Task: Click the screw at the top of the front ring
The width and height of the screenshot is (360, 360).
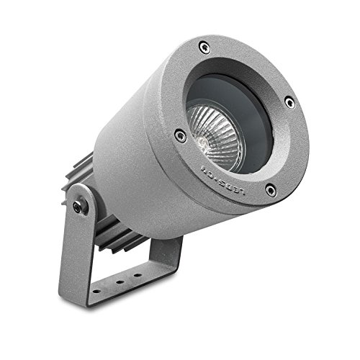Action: [x=205, y=48]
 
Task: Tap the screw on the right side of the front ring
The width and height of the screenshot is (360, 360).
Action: [x=289, y=102]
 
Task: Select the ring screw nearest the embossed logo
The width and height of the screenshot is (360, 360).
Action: [x=270, y=190]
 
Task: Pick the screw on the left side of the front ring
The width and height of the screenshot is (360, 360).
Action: [x=180, y=135]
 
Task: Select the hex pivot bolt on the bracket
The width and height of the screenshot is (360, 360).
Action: [x=78, y=207]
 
